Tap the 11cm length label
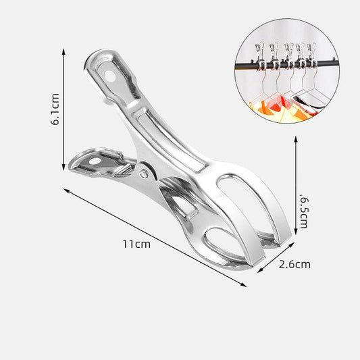pos(138,244)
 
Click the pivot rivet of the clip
pos(143,174)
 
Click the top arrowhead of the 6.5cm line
pos(295,138)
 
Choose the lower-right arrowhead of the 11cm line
pos(245,284)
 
